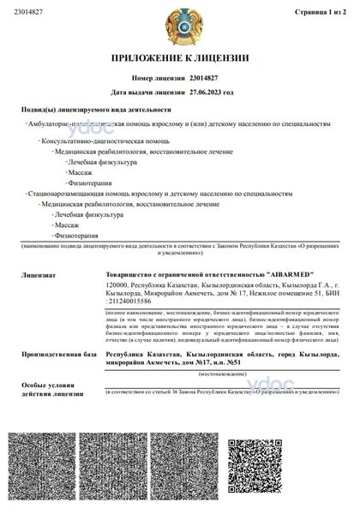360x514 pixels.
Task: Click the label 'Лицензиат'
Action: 39,276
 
